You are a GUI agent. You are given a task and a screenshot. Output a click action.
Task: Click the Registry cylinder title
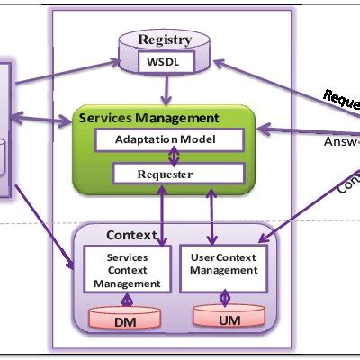tap(164, 40)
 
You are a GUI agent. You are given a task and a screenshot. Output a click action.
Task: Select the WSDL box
tap(164, 61)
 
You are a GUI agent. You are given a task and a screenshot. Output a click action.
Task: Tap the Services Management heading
tap(148, 118)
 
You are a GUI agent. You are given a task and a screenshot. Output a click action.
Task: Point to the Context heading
tap(132, 235)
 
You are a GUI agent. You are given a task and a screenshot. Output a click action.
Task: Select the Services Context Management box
tap(128, 269)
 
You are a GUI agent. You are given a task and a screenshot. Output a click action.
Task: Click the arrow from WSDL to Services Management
tap(165, 90)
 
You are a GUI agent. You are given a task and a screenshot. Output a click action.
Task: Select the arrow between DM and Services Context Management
tap(126, 300)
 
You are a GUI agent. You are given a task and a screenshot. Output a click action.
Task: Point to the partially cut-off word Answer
tap(342, 141)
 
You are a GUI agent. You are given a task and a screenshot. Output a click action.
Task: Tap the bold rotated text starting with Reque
tap(342, 100)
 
